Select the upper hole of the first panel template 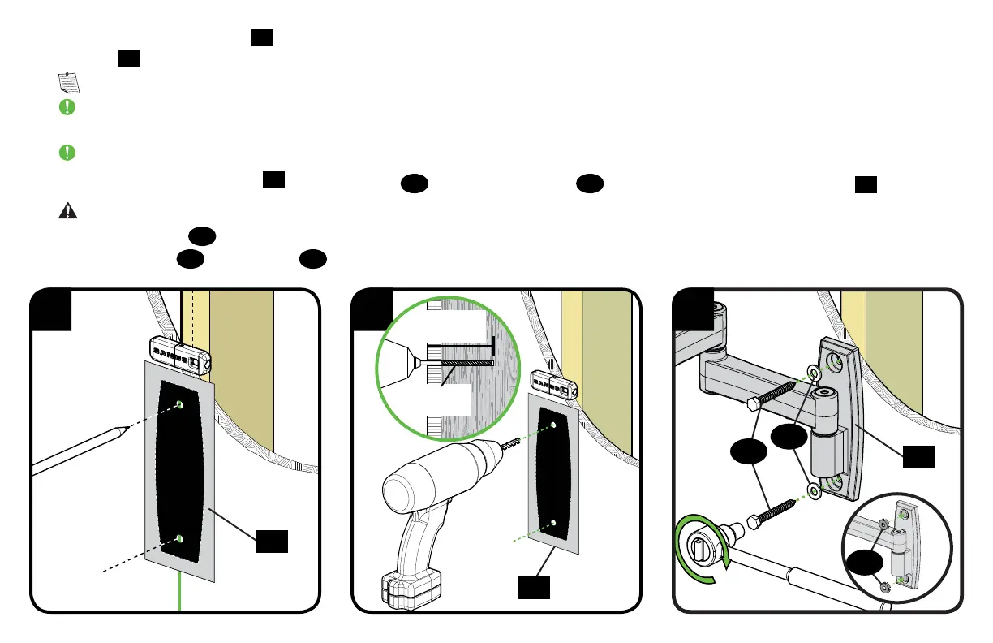click(x=179, y=404)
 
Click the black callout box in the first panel click(x=272, y=541)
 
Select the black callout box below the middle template click(x=534, y=588)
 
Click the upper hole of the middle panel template click(x=552, y=425)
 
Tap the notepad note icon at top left click(x=69, y=81)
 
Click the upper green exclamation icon click(x=67, y=107)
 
